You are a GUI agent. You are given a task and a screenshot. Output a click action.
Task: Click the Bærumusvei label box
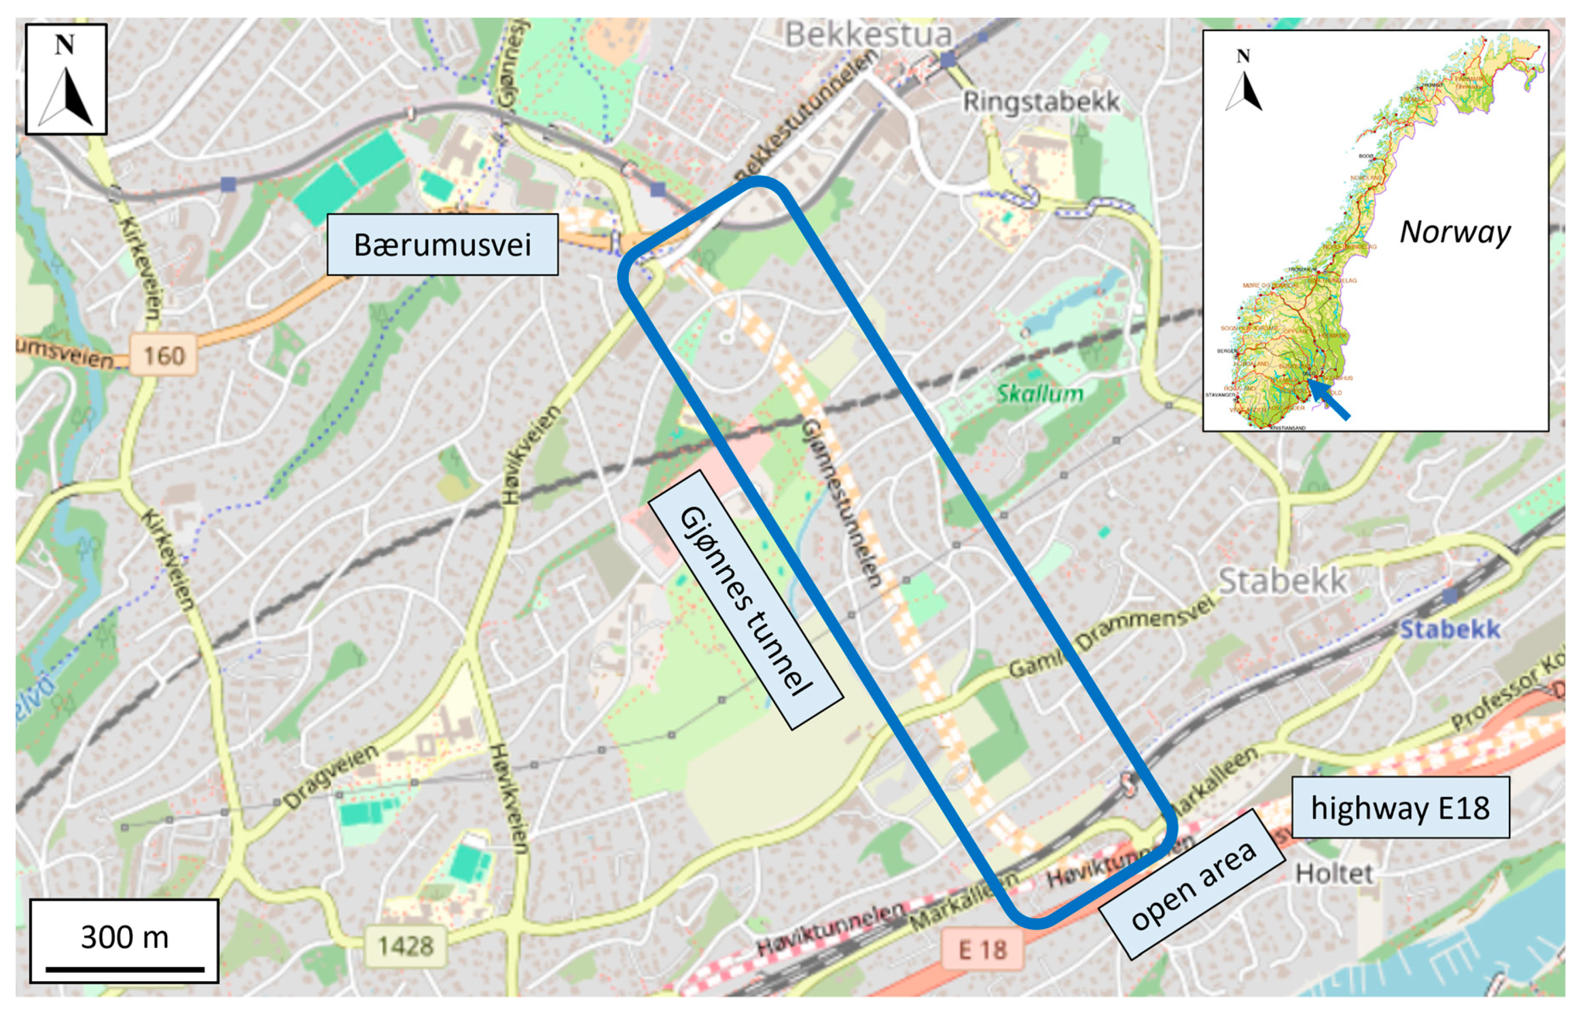click(442, 244)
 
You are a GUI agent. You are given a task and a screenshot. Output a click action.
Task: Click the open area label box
click(1191, 884)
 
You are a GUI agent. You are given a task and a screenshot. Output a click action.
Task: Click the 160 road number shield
click(164, 355)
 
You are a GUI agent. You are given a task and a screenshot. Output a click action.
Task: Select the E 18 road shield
click(982, 949)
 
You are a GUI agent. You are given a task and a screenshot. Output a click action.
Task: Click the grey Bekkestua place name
click(868, 34)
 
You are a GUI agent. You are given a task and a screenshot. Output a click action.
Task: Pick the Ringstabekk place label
click(1041, 101)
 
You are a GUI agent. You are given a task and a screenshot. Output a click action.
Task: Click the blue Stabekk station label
click(1450, 629)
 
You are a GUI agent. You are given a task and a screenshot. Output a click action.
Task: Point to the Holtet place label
click(1334, 873)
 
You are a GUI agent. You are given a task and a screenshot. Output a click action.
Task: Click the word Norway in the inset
click(1455, 232)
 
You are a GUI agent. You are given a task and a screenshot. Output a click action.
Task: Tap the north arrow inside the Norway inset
click(1243, 82)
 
